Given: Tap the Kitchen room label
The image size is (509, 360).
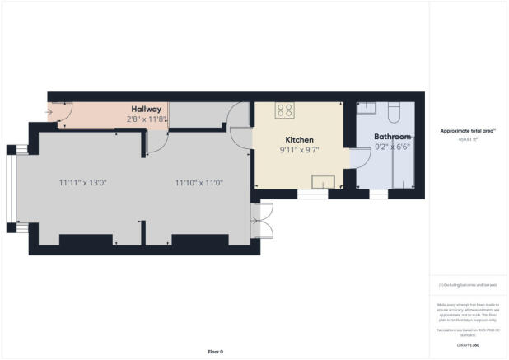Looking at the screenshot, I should [300, 139].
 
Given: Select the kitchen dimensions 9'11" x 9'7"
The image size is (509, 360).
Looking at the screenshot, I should [300, 150].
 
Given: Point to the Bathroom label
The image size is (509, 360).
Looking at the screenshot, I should [392, 136].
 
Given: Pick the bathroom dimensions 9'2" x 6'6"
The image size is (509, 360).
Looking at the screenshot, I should [392, 147].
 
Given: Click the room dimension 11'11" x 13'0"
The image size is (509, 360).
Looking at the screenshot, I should [82, 182].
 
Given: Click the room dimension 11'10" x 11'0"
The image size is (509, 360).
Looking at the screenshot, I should [198, 182].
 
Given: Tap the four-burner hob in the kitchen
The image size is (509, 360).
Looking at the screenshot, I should [286, 110].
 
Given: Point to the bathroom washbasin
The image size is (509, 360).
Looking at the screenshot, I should [367, 108].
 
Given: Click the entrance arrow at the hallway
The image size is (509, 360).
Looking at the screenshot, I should [51, 112].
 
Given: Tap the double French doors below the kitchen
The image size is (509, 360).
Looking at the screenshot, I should [262, 221].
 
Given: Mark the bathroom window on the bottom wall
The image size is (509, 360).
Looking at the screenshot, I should [378, 194].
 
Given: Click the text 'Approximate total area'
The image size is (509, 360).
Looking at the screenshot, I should [467, 130].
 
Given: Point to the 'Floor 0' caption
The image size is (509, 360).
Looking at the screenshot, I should [214, 352].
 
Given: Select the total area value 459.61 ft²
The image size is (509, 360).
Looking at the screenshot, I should [467, 140].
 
